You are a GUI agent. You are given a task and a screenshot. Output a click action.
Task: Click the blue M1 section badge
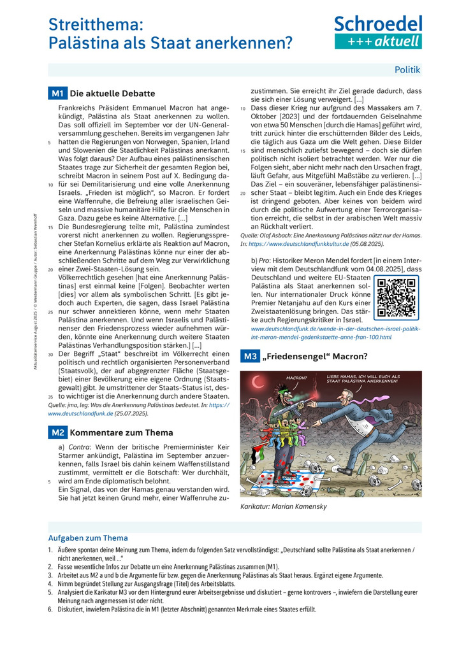pos(57,94)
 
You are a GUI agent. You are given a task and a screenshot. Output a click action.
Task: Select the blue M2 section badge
pos(57,432)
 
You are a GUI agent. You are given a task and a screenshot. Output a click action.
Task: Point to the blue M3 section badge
pos(250,357)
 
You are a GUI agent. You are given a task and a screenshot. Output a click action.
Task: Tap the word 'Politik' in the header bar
pos(407,69)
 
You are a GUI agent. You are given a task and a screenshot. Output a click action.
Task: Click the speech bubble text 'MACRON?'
pos(298,378)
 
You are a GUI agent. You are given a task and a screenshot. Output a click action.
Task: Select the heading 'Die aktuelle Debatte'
pos(112,94)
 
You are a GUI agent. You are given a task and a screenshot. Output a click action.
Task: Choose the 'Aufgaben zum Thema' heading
pos(88,538)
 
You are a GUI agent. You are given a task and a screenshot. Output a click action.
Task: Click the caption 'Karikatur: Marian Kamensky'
pos(284,506)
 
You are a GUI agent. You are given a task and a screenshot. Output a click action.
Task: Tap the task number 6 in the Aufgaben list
pos(50,610)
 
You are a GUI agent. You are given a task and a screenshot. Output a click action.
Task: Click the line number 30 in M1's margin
pos(50,353)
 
